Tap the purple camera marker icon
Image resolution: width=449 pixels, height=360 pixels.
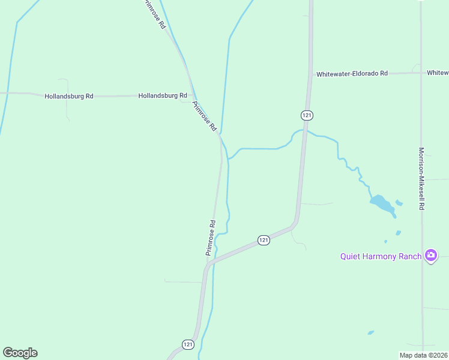tap(430, 256)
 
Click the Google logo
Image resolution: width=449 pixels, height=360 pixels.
tap(20, 353)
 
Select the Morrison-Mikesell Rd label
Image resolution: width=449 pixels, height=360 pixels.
tap(422, 178)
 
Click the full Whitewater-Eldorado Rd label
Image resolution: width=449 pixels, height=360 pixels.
tap(352, 73)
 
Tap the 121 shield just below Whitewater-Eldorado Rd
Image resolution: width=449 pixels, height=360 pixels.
tap(306, 115)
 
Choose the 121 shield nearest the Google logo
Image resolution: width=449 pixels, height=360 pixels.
tap(188, 344)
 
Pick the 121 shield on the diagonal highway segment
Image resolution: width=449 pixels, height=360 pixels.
tap(264, 240)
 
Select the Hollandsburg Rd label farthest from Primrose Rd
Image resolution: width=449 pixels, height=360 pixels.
tap(69, 96)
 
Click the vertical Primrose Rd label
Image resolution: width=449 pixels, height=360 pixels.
tap(211, 238)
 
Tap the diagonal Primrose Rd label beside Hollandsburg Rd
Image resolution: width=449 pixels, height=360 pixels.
tap(204, 116)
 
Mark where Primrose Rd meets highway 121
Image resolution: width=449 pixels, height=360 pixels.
tap(208, 263)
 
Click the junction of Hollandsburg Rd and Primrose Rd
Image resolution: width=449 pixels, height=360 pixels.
tap(191, 95)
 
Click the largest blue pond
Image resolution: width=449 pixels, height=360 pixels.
tap(382, 203)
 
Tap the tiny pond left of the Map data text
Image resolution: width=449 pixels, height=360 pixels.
tap(371, 332)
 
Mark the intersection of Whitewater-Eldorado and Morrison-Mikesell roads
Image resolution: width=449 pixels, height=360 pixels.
tap(421, 73)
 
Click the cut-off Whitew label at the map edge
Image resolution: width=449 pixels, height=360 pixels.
tap(438, 73)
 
